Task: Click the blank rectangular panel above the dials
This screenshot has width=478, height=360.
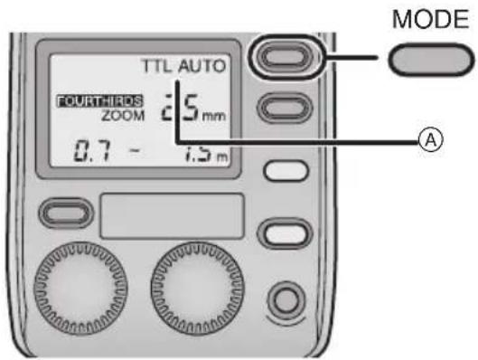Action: tap(171, 214)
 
